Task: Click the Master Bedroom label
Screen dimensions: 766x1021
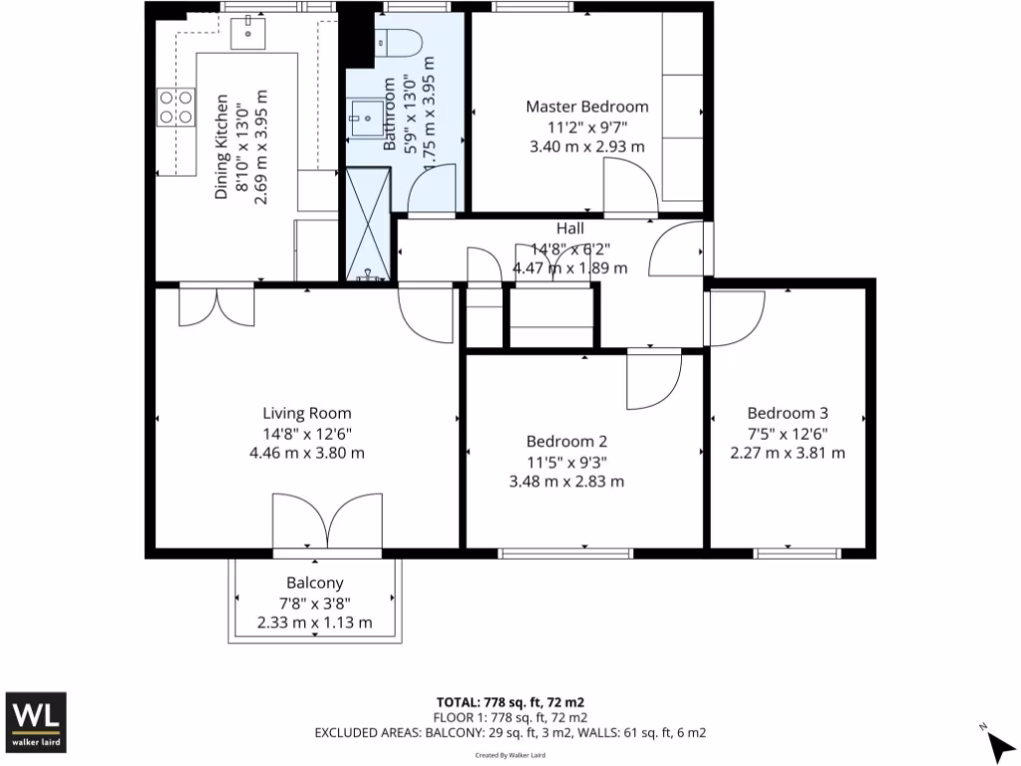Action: point(586,107)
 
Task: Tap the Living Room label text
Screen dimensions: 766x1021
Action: point(307,413)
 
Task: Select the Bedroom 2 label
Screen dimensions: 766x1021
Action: point(566,442)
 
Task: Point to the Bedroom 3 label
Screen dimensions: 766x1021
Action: point(788,413)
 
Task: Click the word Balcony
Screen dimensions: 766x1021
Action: point(315,583)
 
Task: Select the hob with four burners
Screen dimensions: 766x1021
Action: point(175,106)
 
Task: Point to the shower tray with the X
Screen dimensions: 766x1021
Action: point(366,223)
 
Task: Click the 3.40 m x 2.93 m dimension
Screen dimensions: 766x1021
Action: point(586,147)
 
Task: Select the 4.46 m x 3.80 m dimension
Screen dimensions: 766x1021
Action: point(307,452)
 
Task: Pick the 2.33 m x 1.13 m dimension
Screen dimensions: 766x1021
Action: point(315,622)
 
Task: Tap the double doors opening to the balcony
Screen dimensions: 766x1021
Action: point(327,522)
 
